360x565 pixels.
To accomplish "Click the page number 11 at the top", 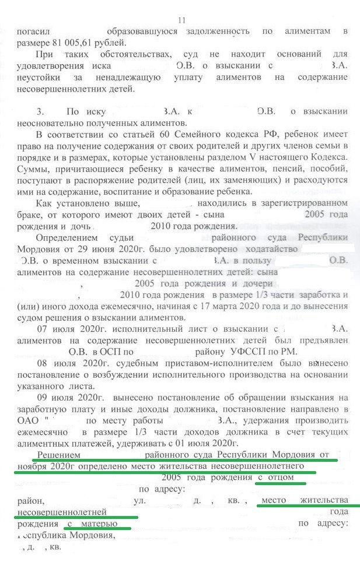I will [x=181, y=20].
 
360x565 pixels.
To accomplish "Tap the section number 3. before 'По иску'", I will [x=40, y=111].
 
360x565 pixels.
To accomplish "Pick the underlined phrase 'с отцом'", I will [x=282, y=478].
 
